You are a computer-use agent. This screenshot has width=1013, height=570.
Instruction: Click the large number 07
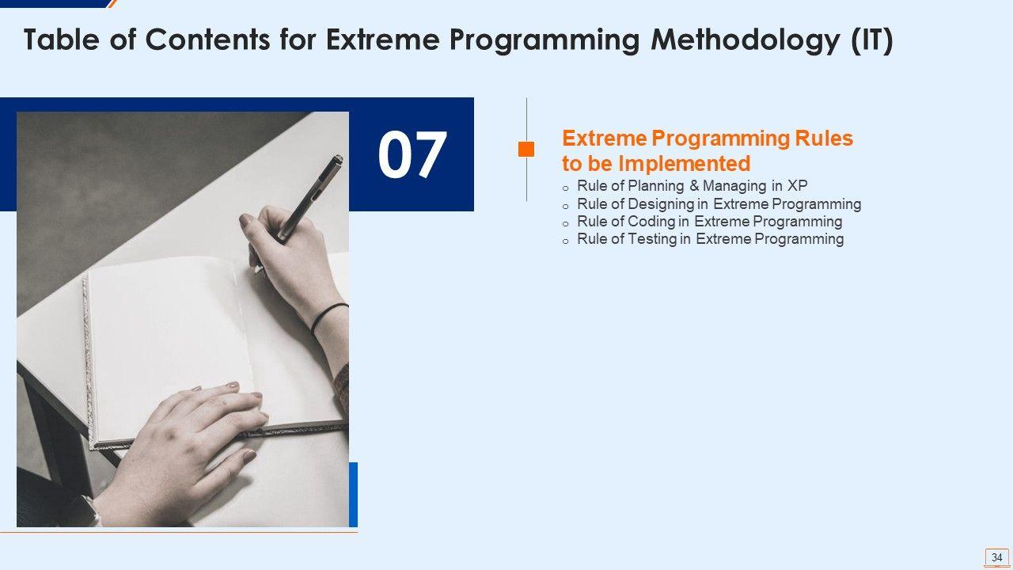click(x=412, y=154)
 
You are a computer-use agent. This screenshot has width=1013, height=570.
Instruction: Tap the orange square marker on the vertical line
click(x=526, y=150)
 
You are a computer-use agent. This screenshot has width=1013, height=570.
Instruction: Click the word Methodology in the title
click(x=746, y=40)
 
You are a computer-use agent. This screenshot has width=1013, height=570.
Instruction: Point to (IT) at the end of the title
click(x=872, y=40)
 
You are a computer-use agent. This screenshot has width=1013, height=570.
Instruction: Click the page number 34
click(x=996, y=557)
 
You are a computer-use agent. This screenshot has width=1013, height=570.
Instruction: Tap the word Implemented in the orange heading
click(x=685, y=163)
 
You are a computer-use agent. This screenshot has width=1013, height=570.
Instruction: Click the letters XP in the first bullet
click(x=797, y=185)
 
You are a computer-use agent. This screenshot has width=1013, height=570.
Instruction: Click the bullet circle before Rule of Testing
click(x=565, y=241)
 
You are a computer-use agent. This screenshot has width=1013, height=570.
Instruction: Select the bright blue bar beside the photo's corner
click(x=353, y=495)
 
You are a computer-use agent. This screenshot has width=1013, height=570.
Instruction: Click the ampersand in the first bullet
click(x=694, y=185)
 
